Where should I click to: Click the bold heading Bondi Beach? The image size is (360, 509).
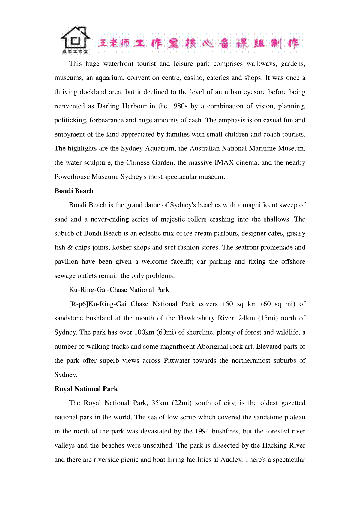(x=74, y=191)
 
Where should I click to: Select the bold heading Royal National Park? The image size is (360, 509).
(x=86, y=389)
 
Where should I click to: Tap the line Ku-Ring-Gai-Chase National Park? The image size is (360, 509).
(x=119, y=290)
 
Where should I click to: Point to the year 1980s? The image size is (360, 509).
(x=179, y=106)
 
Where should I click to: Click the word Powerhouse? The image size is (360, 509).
(x=72, y=177)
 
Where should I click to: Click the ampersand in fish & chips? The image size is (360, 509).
(x=70, y=248)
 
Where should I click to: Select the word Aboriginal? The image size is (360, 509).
(x=211, y=347)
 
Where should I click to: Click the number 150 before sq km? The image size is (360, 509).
(x=227, y=304)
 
